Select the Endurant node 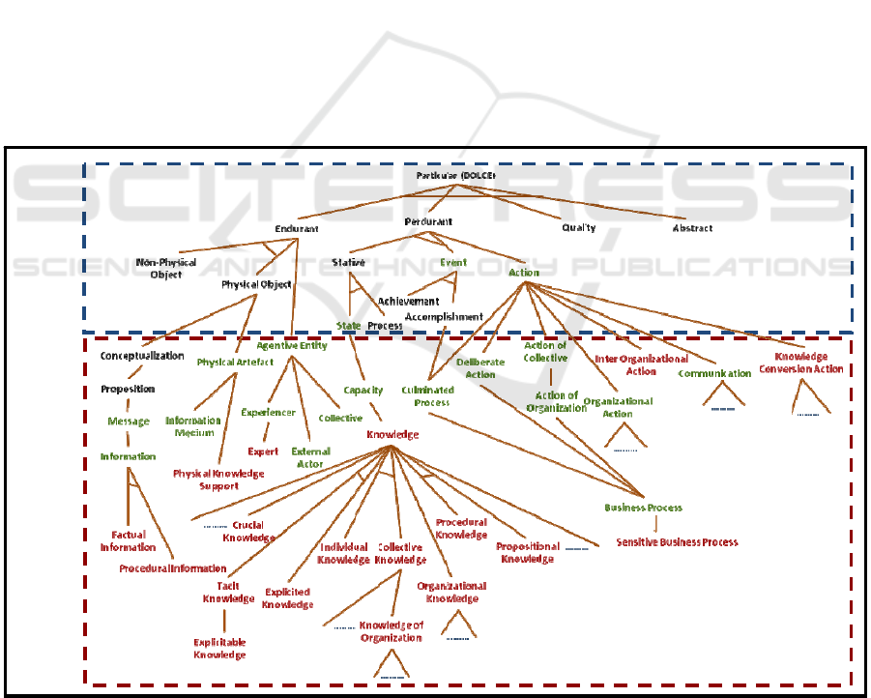click(297, 229)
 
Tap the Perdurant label click(428, 221)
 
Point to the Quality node click(578, 228)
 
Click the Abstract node click(692, 228)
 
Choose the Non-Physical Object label click(165, 268)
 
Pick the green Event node click(453, 262)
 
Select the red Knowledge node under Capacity click(392, 435)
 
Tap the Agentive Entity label click(292, 345)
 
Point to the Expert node click(263, 451)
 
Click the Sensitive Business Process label click(677, 542)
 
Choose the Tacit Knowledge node click(228, 592)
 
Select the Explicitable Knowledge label click(219, 649)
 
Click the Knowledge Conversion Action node click(800, 363)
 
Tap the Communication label click(714, 373)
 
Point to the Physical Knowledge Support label click(218, 480)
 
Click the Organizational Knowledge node click(451, 592)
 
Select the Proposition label click(128, 389)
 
